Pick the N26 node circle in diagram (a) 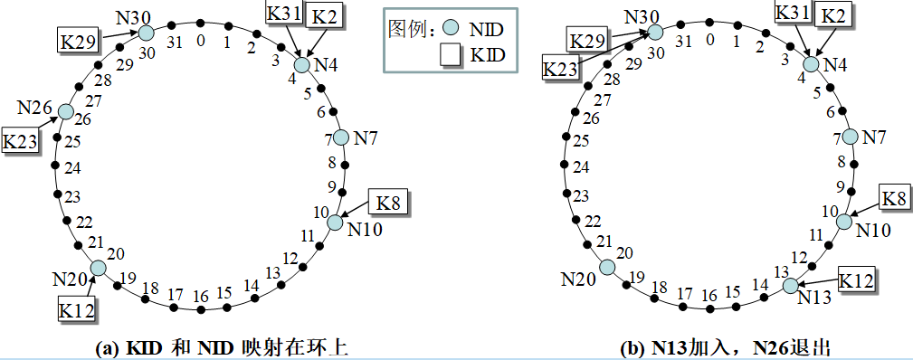tap(65, 111)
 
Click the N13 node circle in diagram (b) tap(790, 286)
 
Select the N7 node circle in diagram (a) tap(340, 137)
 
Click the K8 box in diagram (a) tap(388, 202)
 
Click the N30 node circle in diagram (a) tap(146, 33)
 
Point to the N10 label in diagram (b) tap(873, 231)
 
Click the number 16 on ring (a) tap(201, 297)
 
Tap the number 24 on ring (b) tap(581, 168)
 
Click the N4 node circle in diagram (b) tap(811, 64)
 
